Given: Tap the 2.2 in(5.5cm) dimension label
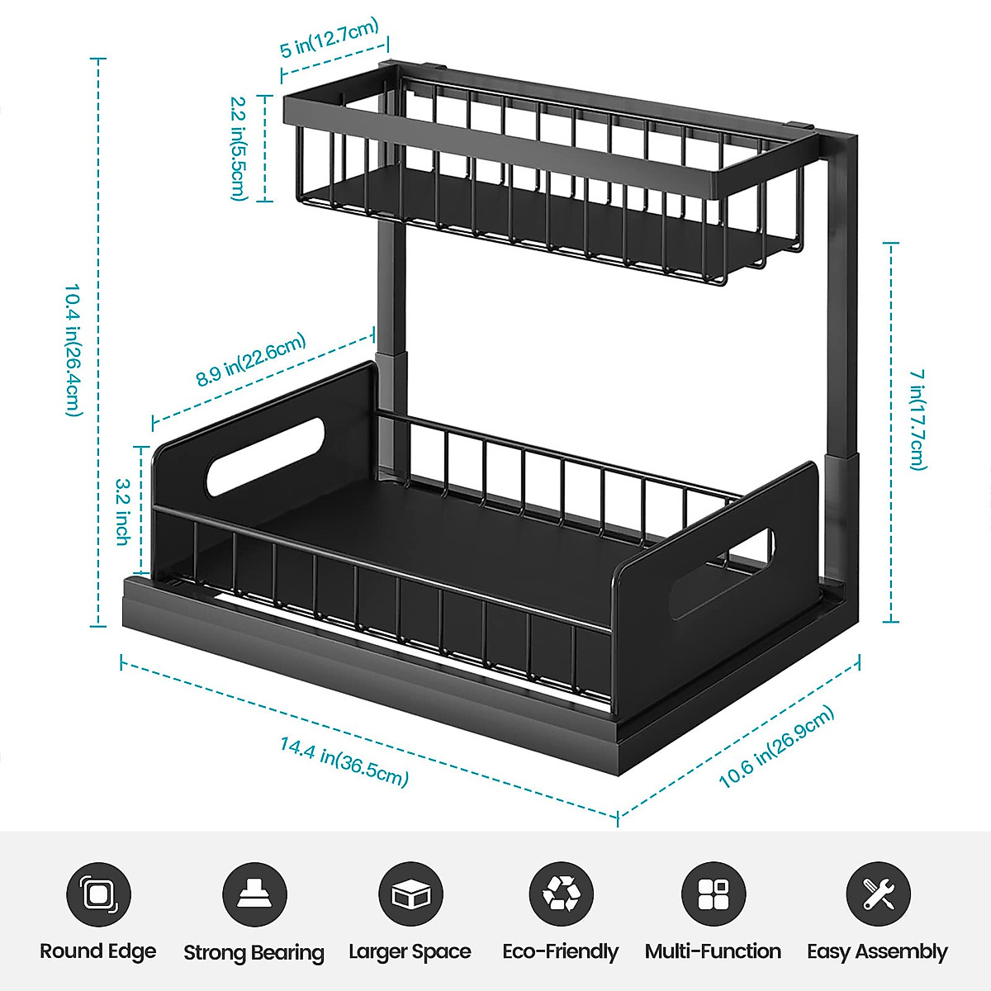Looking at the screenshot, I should tap(238, 149).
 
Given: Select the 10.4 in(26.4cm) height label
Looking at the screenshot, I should tap(73, 350).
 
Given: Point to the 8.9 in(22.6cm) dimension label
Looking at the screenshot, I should tap(251, 360).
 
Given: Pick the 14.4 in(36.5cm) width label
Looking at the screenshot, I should tap(344, 761).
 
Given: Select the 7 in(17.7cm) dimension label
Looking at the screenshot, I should tap(918, 420).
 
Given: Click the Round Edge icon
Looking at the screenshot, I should tap(98, 894).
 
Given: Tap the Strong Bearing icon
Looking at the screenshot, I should tap(254, 894).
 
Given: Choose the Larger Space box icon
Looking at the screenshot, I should tap(410, 894).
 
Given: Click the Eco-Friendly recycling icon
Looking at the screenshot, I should tap(561, 894).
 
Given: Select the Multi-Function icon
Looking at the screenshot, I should tap(713, 894).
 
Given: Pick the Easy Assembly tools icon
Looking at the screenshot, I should tap(878, 894).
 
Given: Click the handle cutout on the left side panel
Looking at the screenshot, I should tap(264, 456).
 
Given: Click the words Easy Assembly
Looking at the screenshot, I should tap(877, 952).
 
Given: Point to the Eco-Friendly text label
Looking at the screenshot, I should tap(560, 952).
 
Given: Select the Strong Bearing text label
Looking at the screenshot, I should tap(254, 953).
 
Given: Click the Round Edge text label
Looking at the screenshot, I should tap(98, 951).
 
